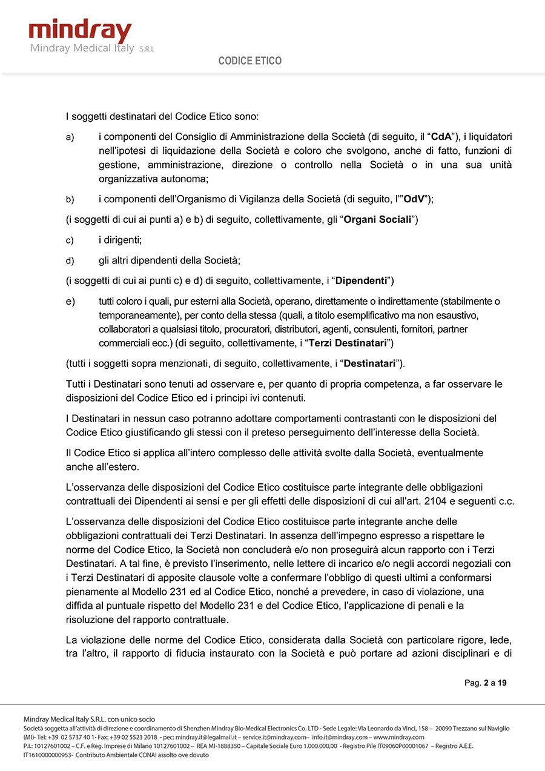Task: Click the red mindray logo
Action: point(80,31)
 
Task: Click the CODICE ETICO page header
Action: point(250,61)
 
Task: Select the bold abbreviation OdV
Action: point(415,199)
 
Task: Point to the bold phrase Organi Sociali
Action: point(378,219)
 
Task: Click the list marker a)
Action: point(70,137)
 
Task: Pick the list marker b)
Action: point(70,199)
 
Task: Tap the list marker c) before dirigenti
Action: point(70,240)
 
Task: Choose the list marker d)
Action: point(70,261)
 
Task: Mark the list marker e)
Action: point(70,302)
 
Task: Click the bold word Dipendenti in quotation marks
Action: point(362,281)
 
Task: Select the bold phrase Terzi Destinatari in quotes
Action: point(348,343)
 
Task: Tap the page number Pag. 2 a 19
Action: point(486,683)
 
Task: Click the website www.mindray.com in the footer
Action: point(398,737)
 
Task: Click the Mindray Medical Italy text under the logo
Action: point(82,48)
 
